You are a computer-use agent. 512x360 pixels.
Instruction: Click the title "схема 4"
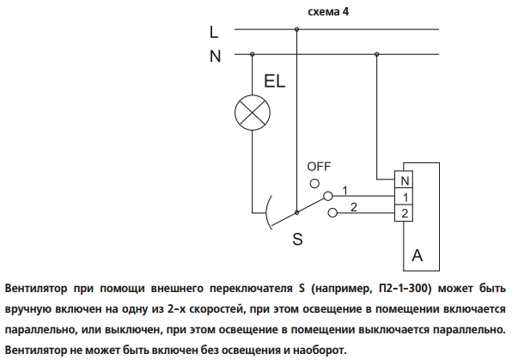328,12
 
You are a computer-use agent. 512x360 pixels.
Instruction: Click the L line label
214,32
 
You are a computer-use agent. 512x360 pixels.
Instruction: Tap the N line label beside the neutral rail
215,56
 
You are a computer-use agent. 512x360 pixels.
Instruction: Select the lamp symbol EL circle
253,113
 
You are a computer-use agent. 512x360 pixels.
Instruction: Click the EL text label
275,81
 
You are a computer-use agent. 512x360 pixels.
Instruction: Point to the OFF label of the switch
319,167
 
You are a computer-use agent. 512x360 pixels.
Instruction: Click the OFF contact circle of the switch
314,184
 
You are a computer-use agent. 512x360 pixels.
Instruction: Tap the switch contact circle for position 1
328,196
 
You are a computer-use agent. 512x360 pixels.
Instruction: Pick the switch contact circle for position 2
332,213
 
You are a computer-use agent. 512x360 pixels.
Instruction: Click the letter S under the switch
297,239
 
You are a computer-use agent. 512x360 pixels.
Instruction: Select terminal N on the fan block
404,180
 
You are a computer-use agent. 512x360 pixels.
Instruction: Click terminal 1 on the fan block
404,197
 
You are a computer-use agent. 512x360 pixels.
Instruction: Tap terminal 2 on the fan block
404,213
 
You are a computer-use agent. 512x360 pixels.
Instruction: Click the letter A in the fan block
417,255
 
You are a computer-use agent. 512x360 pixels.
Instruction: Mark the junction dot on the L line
296,29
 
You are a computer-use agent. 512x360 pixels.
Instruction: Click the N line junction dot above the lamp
252,54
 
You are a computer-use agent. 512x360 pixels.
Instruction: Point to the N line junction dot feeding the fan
377,54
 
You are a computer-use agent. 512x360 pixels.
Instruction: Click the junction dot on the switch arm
296,213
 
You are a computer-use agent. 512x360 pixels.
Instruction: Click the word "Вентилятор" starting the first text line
36,289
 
